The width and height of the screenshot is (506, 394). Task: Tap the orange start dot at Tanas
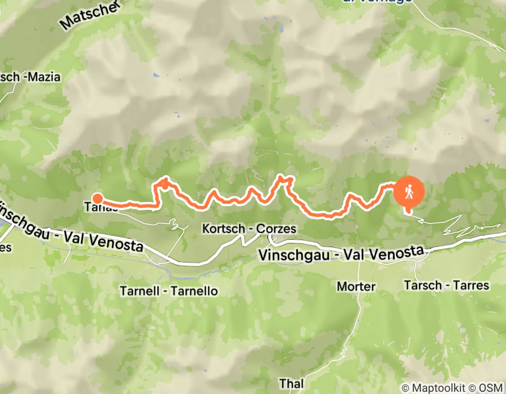tap(97, 198)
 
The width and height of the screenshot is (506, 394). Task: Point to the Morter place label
tap(356, 286)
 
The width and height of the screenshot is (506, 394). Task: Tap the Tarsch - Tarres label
tap(446, 285)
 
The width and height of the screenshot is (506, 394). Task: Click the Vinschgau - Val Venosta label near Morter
tap(340, 254)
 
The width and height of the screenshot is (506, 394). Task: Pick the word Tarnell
tap(137, 292)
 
